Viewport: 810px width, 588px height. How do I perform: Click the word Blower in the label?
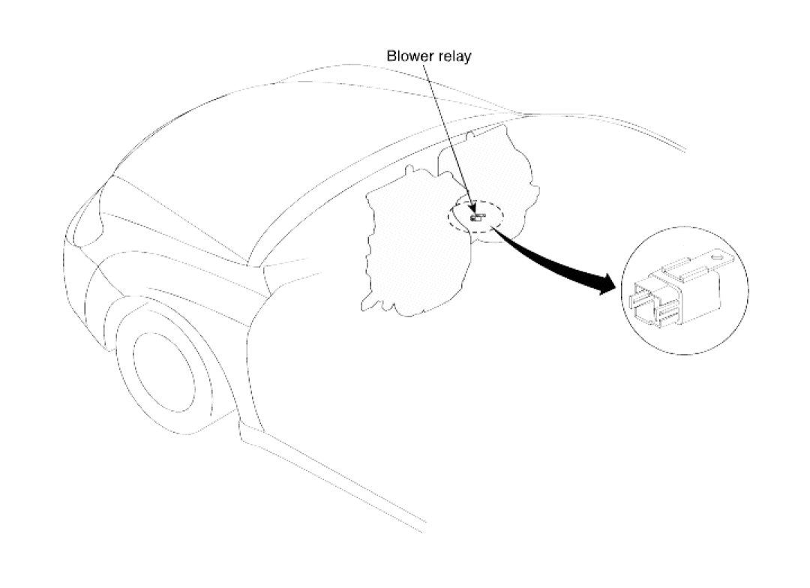(408, 56)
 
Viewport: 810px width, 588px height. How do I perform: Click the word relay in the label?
(454, 56)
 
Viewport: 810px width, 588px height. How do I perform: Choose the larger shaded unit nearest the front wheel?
(409, 240)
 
